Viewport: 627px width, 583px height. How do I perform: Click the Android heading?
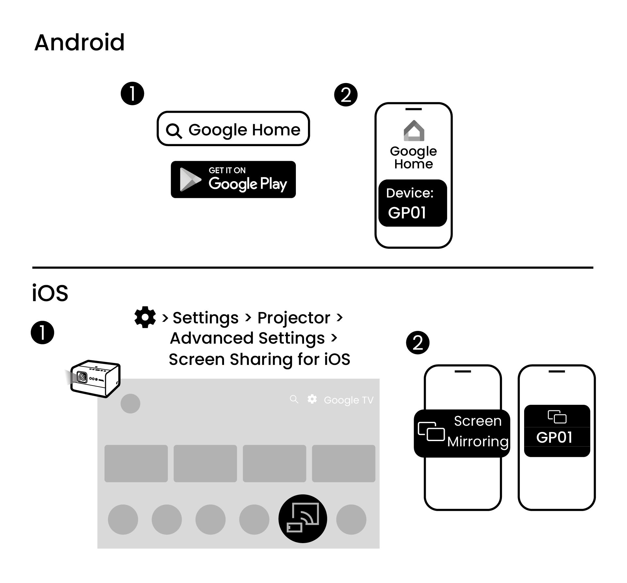tap(79, 43)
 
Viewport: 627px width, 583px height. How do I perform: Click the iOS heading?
tap(50, 293)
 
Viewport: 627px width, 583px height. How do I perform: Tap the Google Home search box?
tap(233, 129)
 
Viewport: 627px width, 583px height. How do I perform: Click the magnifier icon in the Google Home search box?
tap(174, 131)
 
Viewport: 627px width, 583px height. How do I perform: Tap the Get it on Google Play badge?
tap(233, 180)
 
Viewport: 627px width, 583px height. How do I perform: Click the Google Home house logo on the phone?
tap(414, 131)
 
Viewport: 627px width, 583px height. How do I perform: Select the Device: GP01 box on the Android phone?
tap(412, 203)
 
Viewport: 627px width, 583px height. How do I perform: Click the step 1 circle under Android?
tap(132, 94)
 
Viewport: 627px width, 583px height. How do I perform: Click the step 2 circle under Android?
tap(346, 95)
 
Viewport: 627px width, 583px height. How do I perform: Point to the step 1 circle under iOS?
tap(42, 333)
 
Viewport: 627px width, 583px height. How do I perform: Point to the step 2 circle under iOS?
tap(418, 343)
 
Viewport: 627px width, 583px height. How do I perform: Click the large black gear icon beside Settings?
tap(145, 317)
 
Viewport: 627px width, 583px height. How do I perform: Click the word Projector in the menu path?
tap(294, 318)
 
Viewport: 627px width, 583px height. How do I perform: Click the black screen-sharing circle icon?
tap(303, 519)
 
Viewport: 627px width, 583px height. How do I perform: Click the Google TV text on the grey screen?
tap(348, 400)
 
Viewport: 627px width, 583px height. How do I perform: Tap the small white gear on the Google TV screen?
tap(312, 399)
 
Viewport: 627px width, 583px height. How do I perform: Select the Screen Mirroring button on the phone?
tap(462, 433)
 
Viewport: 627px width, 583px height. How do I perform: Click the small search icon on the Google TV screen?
tap(294, 399)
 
